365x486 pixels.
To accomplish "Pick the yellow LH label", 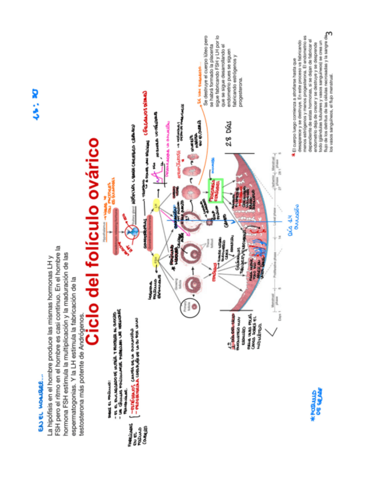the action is coord(156,204).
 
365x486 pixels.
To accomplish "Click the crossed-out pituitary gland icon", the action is coord(133,232).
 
